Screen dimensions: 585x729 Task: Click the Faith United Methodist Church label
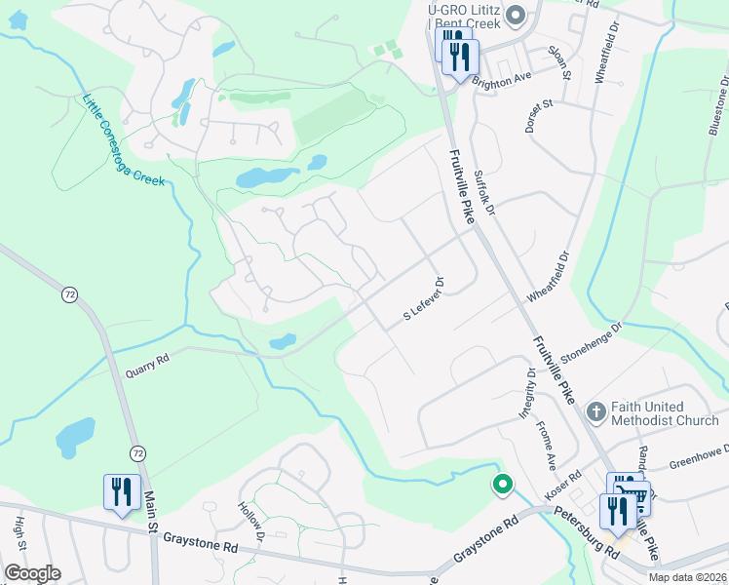[665, 413]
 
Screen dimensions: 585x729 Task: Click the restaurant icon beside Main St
[122, 490]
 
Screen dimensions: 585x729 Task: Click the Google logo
[32, 573]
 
